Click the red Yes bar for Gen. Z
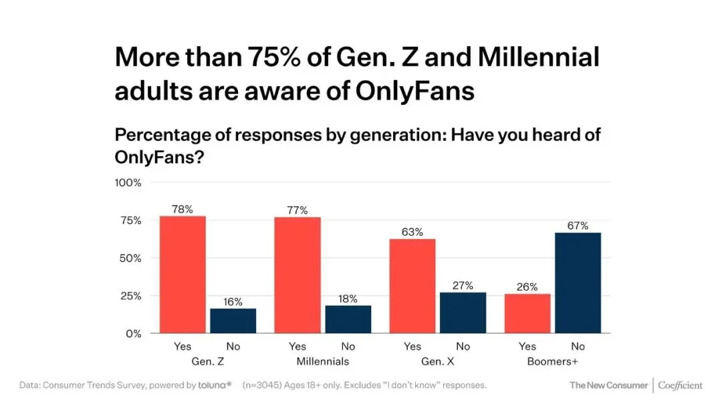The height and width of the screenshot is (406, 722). [183, 274]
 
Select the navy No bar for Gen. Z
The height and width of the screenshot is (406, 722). [233, 321]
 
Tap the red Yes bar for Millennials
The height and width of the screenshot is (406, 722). [297, 275]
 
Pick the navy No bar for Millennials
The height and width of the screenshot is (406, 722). [348, 319]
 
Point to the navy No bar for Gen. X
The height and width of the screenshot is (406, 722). [463, 313]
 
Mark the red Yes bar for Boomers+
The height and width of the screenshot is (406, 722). [527, 313]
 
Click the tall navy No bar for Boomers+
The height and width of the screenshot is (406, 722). [578, 282]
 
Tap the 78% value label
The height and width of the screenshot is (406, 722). [183, 209]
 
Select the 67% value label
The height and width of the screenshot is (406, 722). [578, 226]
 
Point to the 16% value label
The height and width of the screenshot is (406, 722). [233, 302]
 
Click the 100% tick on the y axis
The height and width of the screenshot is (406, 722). [128, 182]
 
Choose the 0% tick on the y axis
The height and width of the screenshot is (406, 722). [134, 333]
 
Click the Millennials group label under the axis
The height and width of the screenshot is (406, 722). [323, 361]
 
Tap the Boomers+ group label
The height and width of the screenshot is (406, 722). [553, 361]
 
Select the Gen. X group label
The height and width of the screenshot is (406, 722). [438, 361]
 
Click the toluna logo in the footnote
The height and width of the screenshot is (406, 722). [215, 385]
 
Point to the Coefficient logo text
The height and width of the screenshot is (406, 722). [681, 385]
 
